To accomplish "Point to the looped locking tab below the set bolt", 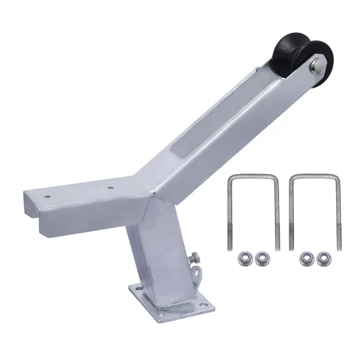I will pos(197,271).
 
